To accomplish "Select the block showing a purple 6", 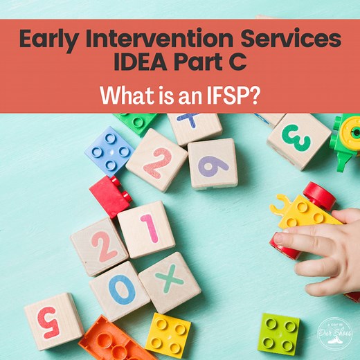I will pos(213,163).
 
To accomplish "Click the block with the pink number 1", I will pos(146,229).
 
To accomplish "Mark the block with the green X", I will pos(170,282).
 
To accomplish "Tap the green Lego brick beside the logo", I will pos(280,334).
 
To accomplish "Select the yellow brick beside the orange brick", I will pos(168,335).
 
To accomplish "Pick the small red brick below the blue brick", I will pos(110,196).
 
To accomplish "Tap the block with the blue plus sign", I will pos(195,126).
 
